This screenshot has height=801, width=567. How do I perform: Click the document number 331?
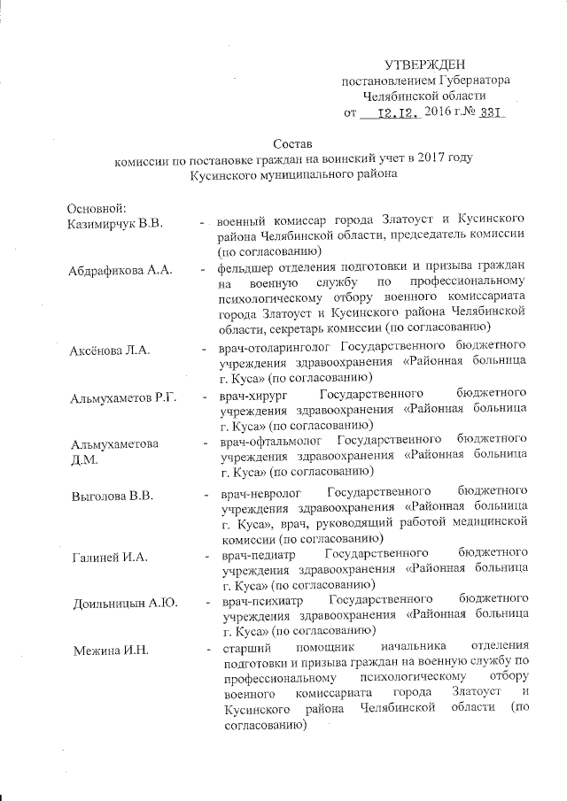pos(491,113)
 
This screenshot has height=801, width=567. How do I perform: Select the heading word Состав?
pos(291,144)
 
